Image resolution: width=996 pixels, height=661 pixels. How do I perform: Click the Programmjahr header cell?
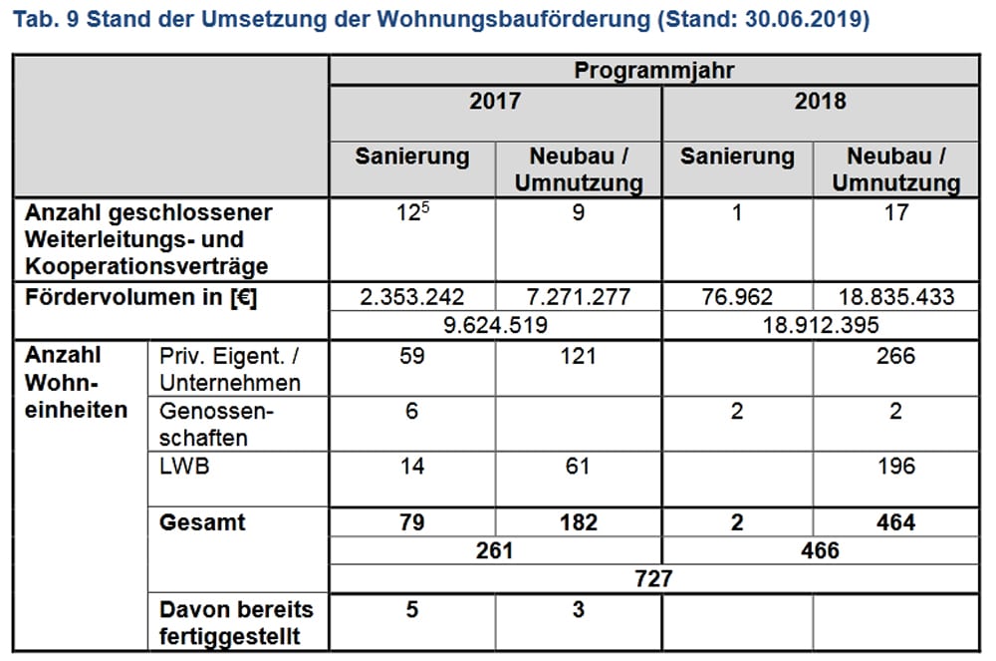point(653,71)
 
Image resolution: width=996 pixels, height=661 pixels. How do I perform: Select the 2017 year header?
point(494,102)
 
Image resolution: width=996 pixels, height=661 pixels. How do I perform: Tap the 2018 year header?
point(820,102)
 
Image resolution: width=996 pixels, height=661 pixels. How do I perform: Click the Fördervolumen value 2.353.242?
point(411,297)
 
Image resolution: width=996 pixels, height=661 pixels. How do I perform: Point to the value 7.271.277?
point(578,297)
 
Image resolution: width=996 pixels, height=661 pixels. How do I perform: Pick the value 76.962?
point(736,297)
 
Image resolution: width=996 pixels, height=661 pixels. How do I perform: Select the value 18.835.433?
point(895,297)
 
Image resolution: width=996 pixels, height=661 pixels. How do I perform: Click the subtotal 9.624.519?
point(494,325)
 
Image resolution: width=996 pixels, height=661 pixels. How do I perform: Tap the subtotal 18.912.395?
point(820,325)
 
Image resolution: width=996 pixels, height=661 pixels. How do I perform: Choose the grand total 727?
point(653,578)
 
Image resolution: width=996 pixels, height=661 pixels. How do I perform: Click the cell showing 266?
point(895,355)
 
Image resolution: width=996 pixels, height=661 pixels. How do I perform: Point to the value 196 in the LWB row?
point(895,466)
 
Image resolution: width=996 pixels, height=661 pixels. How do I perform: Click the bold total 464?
point(895,522)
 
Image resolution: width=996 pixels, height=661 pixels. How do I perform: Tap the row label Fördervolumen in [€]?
point(140,297)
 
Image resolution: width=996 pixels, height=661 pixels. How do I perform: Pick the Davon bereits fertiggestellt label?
point(236,622)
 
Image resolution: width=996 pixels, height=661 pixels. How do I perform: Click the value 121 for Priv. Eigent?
point(578,355)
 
